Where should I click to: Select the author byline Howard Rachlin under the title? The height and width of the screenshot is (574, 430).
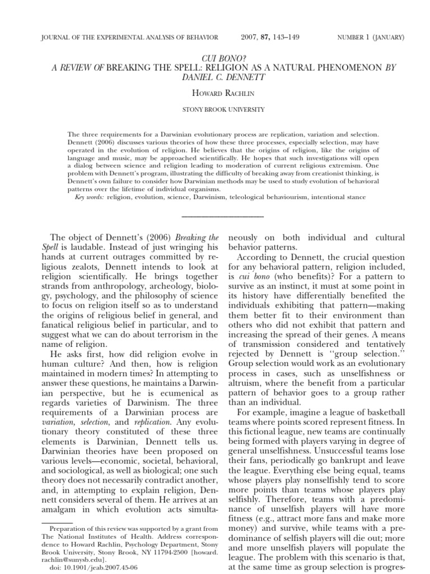(214, 92)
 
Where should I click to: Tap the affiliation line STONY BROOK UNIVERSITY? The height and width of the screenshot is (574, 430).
(214, 110)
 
